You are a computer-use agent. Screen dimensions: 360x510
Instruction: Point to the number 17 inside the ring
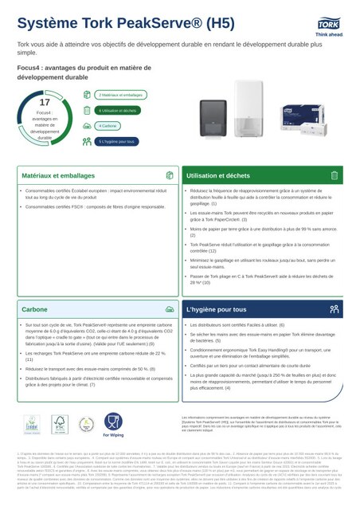[45, 103]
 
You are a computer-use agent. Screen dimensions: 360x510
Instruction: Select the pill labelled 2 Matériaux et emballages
[125, 94]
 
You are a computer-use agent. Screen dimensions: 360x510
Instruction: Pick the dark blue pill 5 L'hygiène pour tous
[118, 142]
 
